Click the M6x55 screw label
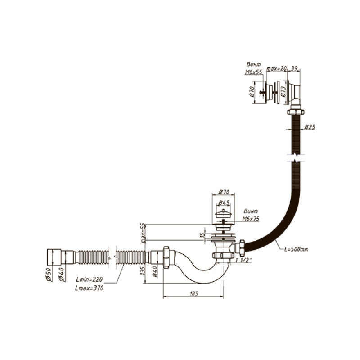coord(254,72)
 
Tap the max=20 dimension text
coord(277,68)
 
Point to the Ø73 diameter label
coord(283,92)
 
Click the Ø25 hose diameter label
coord(310,127)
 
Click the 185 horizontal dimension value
coord(194,293)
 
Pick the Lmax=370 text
coord(90,288)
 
